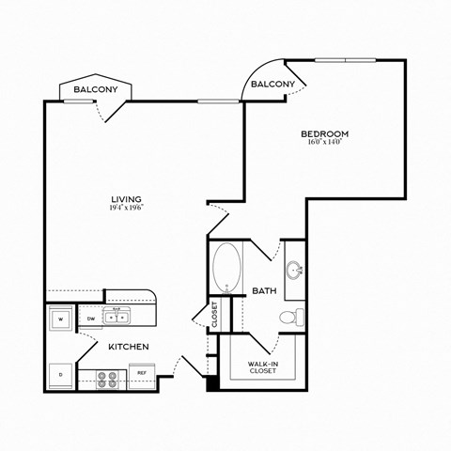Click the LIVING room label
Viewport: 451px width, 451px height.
[126, 199]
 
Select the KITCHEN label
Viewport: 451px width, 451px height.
[129, 347]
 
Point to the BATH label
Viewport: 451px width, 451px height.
[264, 291]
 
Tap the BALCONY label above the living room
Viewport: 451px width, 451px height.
[95, 90]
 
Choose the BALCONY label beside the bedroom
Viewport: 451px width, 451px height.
[274, 85]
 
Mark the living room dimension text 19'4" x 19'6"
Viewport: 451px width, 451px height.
[126, 209]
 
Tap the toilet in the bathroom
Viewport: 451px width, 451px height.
[297, 316]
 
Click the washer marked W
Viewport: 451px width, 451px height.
[61, 318]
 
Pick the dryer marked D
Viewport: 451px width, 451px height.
[61, 376]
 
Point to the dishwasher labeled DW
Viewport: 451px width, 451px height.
[90, 318]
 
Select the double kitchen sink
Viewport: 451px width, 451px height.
[118, 317]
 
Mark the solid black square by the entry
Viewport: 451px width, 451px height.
[212, 382]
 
